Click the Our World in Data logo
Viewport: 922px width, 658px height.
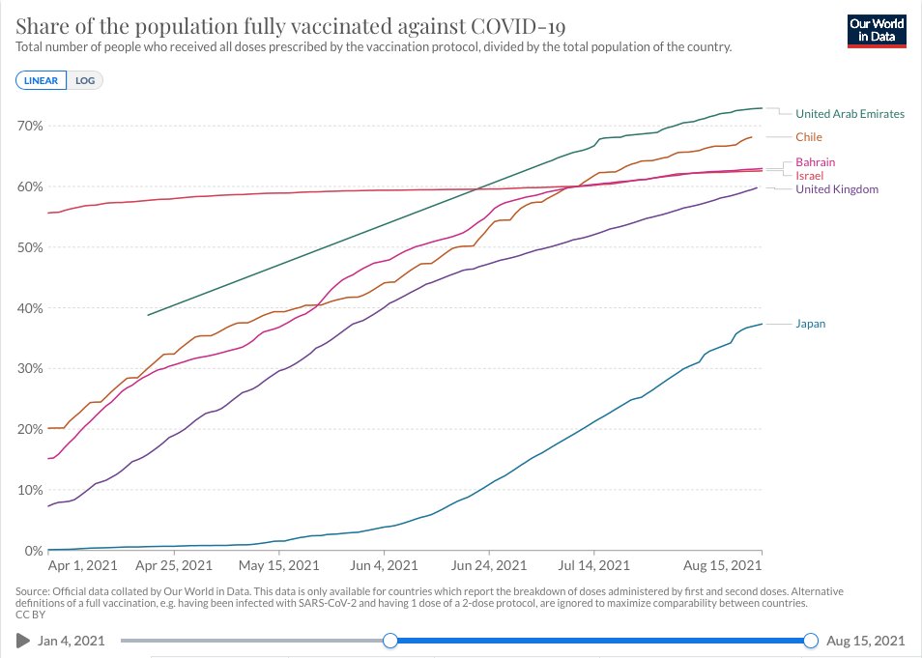point(879,29)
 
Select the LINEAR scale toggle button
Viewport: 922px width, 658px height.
point(42,80)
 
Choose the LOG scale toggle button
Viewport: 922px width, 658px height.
point(84,80)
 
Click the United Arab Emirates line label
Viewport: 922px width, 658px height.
point(850,114)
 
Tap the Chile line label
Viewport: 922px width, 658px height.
point(809,137)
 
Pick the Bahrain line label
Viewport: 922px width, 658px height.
point(815,162)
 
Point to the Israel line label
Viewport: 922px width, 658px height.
point(809,176)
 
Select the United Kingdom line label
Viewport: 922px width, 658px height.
point(836,189)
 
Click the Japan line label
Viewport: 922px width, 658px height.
point(810,324)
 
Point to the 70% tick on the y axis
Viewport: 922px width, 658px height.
point(30,126)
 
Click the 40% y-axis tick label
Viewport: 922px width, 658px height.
point(30,308)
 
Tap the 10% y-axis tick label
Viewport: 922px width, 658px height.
point(30,490)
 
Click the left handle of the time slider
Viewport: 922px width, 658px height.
point(389,640)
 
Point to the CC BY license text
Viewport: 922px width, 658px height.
point(30,613)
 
